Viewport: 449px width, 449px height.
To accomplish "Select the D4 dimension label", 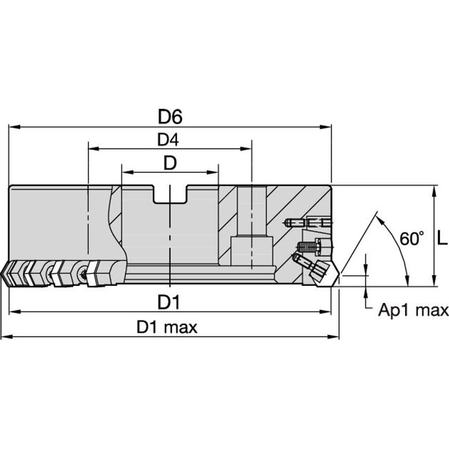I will [168, 140].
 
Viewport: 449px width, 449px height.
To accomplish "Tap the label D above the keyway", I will [169, 164].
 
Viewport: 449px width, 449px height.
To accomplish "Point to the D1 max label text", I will [167, 328].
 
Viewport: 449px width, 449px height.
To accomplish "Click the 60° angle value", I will [411, 239].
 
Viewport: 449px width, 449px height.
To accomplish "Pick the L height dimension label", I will [443, 240].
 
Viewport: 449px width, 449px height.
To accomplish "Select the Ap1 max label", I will [413, 310].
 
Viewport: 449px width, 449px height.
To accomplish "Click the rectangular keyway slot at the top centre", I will [170, 195].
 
